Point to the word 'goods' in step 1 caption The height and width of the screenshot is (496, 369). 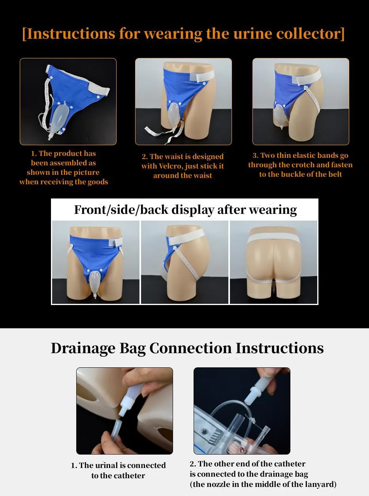click(98, 182)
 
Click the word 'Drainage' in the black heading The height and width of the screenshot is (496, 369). click(83, 348)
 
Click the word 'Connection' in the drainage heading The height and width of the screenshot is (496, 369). click(190, 348)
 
